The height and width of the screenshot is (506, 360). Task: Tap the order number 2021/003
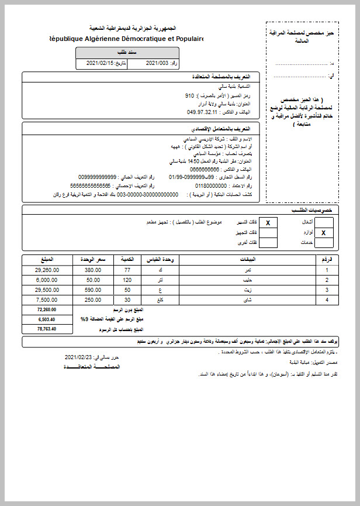tap(157, 62)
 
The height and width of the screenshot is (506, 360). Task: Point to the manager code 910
tap(189, 95)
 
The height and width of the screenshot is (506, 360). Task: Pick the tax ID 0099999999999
tap(98, 176)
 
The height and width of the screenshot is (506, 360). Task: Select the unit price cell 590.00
tap(93, 290)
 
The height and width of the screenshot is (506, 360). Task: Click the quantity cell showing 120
tap(126, 280)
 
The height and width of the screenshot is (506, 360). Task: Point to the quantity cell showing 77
tap(126, 270)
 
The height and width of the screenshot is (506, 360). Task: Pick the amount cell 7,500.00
tap(47, 300)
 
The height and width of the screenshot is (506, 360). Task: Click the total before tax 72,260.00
tap(46, 309)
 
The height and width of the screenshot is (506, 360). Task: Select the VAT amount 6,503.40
tap(46, 319)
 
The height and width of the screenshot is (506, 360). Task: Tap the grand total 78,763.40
tap(46, 329)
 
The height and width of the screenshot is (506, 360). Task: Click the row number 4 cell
tap(327, 300)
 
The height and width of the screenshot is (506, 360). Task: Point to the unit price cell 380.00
tap(93, 270)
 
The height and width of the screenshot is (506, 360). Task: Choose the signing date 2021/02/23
tap(79, 356)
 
